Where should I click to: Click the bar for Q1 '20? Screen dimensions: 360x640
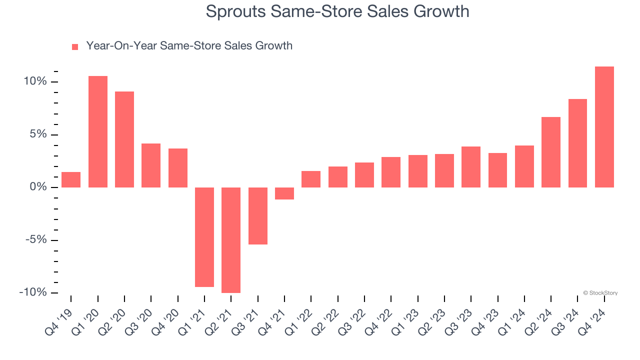click(98, 131)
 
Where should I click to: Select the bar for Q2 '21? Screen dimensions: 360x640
click(231, 240)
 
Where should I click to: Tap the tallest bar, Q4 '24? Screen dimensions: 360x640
click(604, 127)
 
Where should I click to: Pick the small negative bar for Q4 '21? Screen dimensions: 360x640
click(284, 193)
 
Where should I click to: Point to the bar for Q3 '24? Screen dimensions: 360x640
click(577, 143)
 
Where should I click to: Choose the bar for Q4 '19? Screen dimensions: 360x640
click(71, 180)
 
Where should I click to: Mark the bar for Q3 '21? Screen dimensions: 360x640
click(258, 216)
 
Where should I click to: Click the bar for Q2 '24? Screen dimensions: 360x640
click(551, 152)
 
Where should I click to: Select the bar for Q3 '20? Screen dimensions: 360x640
click(151, 165)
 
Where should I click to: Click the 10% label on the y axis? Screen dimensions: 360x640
click(35, 81)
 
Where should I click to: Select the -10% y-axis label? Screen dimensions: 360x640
click(33, 292)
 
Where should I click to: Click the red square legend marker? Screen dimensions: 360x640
click(75, 46)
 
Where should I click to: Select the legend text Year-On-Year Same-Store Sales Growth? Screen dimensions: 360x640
click(189, 46)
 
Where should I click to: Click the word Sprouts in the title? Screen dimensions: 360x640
click(235, 11)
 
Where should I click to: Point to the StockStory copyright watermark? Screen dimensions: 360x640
click(600, 293)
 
